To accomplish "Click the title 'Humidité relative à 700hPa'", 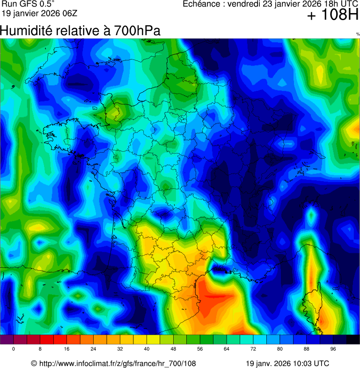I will pos(80,31).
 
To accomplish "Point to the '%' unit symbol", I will pos(358,34).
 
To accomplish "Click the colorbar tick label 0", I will pos(14,349).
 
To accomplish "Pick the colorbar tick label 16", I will pos(67,349).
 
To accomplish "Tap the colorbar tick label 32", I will pos(120,349).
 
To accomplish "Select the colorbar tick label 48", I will pos(174,349).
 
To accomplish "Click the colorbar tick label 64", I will pos(227,349).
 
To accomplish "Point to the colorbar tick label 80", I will pos(280,349).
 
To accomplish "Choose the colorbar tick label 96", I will pos(333,349).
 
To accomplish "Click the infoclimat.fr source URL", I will pos(118,363).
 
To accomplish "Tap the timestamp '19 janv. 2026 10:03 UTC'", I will pos(287,363).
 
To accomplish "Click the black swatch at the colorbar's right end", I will pos(353,340).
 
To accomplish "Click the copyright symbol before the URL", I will pos(34,363).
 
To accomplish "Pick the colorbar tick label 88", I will pos(307,349).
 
